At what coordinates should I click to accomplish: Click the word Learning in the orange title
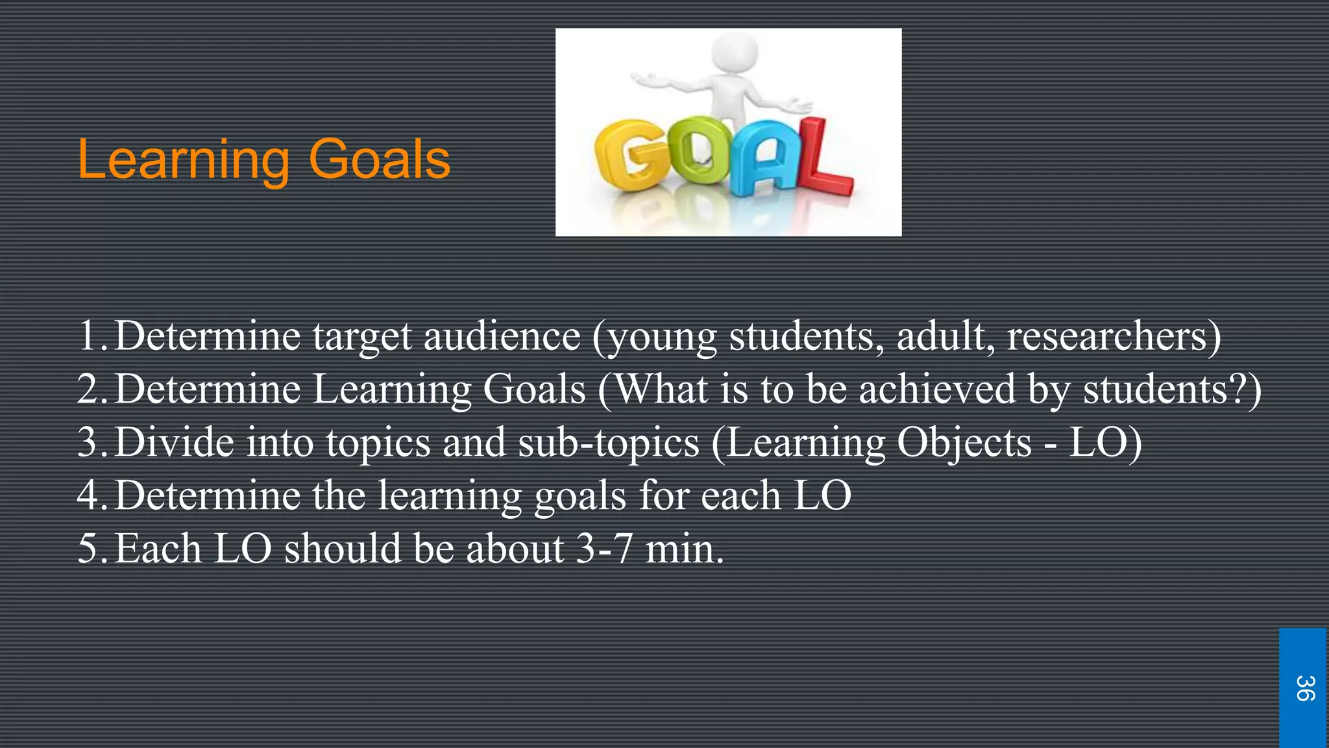[x=183, y=160]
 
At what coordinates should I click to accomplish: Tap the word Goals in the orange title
[x=380, y=160]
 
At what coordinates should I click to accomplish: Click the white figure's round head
[x=735, y=51]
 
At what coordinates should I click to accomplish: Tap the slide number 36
[x=1305, y=688]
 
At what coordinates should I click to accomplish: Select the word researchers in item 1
[x=1106, y=336]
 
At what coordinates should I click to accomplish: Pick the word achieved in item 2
[x=937, y=390]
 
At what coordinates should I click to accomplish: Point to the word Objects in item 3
[x=964, y=443]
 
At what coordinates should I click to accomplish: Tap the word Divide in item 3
[x=175, y=443]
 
